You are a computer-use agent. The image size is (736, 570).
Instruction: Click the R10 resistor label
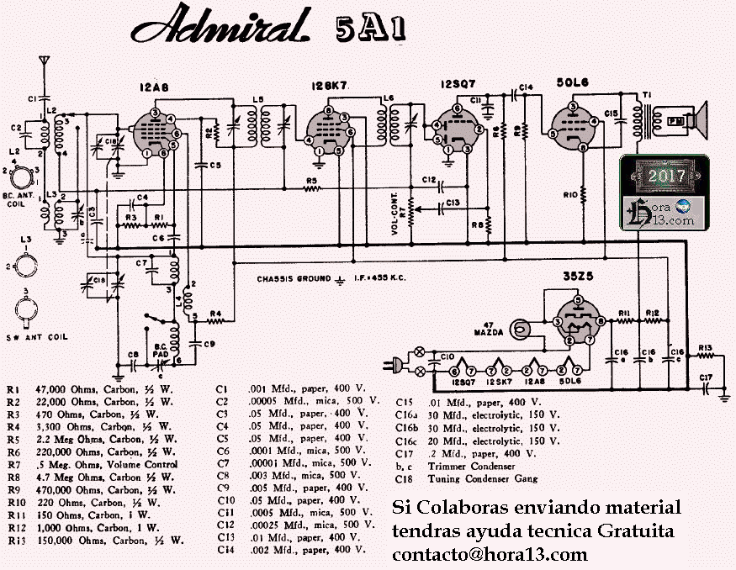(x=570, y=195)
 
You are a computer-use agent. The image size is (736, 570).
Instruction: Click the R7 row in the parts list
(x=93, y=464)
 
